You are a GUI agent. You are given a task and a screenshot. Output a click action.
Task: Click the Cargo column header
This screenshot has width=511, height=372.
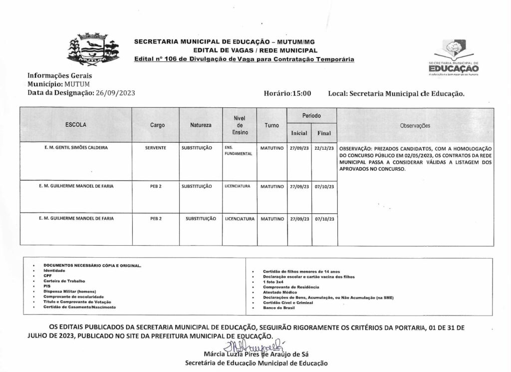(157, 125)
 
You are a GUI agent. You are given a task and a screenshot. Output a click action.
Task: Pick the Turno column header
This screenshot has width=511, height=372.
(272, 125)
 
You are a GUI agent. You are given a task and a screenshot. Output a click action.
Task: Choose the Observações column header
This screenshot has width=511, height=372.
(415, 126)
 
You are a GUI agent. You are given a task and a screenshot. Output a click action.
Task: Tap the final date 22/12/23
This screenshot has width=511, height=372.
(324, 148)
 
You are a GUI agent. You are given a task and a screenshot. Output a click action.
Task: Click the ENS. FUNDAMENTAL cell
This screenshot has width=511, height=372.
(238, 151)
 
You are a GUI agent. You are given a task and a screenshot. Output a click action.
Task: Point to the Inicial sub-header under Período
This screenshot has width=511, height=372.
(299, 133)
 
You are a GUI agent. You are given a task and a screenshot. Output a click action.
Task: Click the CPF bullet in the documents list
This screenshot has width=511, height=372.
(47, 276)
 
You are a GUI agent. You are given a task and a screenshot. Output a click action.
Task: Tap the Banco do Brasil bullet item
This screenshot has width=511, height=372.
(280, 308)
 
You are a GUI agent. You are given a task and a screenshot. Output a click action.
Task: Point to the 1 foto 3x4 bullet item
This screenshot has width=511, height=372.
(275, 282)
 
